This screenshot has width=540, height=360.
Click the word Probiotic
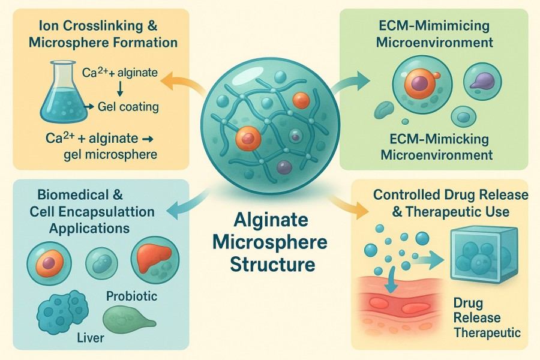click(x=131, y=296)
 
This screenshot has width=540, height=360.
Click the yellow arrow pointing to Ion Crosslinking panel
click(x=179, y=85)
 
